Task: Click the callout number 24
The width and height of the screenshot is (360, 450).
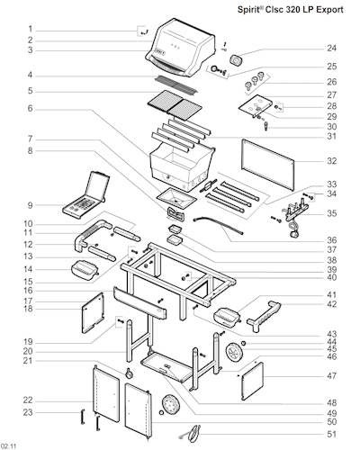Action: coord(331,48)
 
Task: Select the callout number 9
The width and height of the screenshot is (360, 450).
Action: coord(30,205)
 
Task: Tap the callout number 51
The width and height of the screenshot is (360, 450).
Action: coord(331,434)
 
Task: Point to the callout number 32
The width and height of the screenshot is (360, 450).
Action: coord(331,161)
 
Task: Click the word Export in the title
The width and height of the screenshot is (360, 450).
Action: coord(329,10)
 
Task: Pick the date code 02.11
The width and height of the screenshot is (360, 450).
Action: coord(8,446)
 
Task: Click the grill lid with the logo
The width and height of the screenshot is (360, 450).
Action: coord(181,47)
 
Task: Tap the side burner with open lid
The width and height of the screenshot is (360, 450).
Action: coord(86,194)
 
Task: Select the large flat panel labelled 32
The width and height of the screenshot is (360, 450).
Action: coord(268,165)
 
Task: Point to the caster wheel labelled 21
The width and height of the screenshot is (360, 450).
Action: coord(130,373)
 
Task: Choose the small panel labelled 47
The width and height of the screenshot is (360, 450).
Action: coord(252,381)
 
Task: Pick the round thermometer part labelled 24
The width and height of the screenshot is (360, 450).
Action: coord(237,60)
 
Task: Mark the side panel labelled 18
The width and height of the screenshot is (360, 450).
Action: coord(93,312)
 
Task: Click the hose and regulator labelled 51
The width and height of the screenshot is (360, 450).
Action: coord(192,434)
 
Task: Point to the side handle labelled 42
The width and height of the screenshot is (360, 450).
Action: coord(264,317)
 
